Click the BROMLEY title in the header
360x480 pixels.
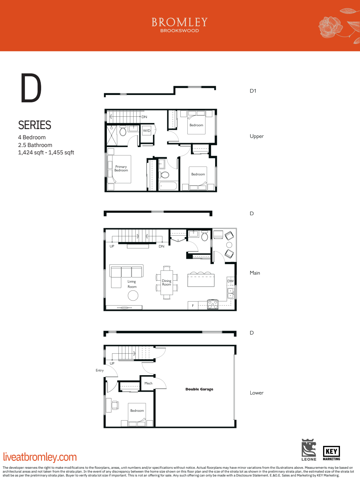tap(180, 23)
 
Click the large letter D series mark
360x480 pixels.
tap(31, 88)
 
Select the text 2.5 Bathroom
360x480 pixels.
tap(35, 145)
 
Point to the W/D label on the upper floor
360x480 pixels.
tap(147, 131)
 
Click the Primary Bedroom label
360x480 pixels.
tap(121, 169)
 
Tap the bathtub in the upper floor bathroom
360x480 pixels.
tap(168, 186)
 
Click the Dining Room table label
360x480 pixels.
tap(167, 283)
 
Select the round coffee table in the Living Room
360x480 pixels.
tap(133, 296)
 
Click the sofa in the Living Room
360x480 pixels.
tap(126, 271)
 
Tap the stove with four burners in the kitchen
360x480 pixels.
tap(213, 304)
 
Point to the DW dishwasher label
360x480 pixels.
tap(230, 281)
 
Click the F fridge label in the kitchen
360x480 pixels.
tap(193, 306)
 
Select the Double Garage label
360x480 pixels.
tap(199, 389)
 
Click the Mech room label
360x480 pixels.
tap(148, 383)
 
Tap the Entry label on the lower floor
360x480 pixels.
tap(99, 370)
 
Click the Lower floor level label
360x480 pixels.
tap(257, 393)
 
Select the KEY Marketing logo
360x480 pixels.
tap(331, 453)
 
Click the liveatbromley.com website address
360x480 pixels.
tap(40, 457)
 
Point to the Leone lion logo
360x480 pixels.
tap(309, 449)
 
